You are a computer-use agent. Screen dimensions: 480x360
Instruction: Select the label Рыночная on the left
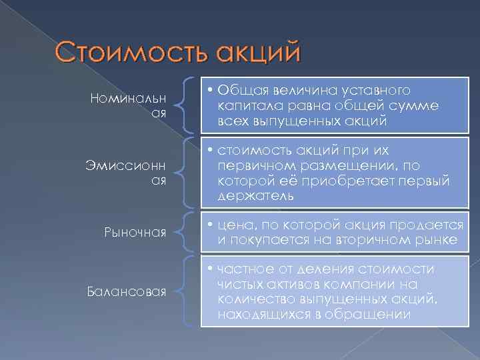pos(136,232)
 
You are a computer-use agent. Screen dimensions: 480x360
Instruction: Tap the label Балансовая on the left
pos(127,291)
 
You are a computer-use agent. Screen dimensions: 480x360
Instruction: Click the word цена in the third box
pos(231,226)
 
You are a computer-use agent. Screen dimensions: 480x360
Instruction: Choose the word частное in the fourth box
pos(243,269)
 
